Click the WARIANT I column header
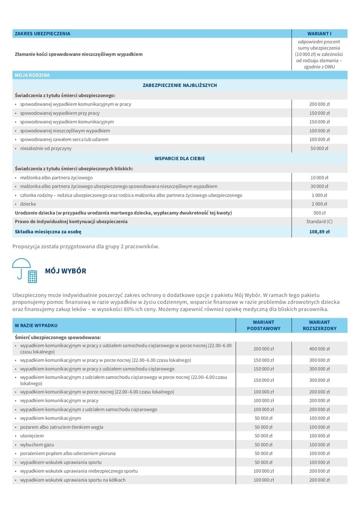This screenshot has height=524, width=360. (x=319, y=34)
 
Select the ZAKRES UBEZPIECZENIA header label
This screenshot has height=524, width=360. (x=43, y=34)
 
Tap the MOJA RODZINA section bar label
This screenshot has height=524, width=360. (x=32, y=75)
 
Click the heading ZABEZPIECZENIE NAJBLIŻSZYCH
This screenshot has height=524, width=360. (x=180, y=85)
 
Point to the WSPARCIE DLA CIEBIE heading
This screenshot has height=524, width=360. (x=180, y=159)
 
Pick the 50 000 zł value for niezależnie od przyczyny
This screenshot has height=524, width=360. (x=319, y=148)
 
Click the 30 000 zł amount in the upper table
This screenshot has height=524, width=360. (x=319, y=186)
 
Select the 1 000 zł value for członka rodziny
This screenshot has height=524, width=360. (x=319, y=195)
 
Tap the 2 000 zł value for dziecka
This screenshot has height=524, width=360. (x=319, y=204)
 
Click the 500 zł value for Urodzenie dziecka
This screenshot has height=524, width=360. (x=319, y=213)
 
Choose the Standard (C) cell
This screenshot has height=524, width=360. (x=319, y=221)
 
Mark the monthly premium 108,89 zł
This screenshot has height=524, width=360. (x=319, y=232)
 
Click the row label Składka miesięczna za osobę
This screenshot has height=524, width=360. (x=48, y=232)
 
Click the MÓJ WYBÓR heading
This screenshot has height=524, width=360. (x=66, y=271)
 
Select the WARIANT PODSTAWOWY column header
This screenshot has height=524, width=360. (x=263, y=325)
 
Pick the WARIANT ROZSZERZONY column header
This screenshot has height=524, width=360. (x=319, y=325)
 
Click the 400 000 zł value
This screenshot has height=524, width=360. (x=319, y=349)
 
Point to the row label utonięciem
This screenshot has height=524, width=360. (x=32, y=436)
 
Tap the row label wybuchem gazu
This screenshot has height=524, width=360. (x=36, y=445)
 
